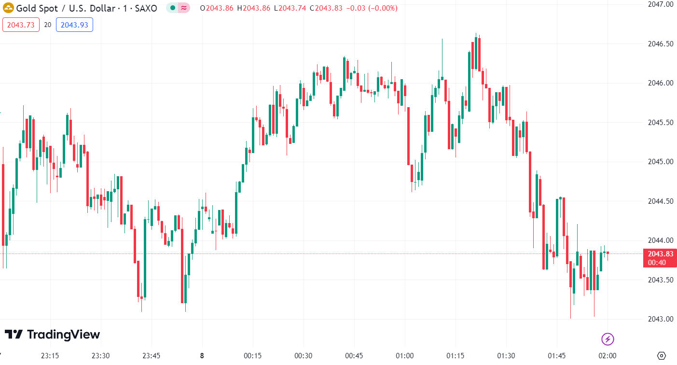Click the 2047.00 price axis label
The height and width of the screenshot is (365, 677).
click(x=660, y=4)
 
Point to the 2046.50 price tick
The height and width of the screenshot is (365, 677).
click(x=660, y=44)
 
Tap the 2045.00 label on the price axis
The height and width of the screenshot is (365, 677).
click(x=660, y=162)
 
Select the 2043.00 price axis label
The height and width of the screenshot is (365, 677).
click(x=660, y=319)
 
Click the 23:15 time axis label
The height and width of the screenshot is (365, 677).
click(x=50, y=356)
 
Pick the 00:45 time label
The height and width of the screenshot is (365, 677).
click(x=354, y=356)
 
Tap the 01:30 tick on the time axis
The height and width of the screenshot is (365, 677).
click(x=506, y=356)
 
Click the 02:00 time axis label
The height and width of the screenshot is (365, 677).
click(x=607, y=356)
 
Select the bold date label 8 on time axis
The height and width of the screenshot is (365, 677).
click(x=202, y=356)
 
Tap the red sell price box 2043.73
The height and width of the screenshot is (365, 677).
click(x=21, y=25)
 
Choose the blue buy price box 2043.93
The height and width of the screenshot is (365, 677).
click(x=74, y=25)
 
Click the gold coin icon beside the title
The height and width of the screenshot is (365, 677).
click(x=9, y=8)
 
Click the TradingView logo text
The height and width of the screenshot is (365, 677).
click(x=63, y=335)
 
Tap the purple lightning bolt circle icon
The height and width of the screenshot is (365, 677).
click(x=608, y=339)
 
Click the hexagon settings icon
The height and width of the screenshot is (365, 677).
click(x=662, y=356)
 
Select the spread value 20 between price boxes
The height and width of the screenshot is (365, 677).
click(x=47, y=25)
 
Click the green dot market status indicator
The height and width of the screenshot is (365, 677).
click(x=172, y=8)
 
